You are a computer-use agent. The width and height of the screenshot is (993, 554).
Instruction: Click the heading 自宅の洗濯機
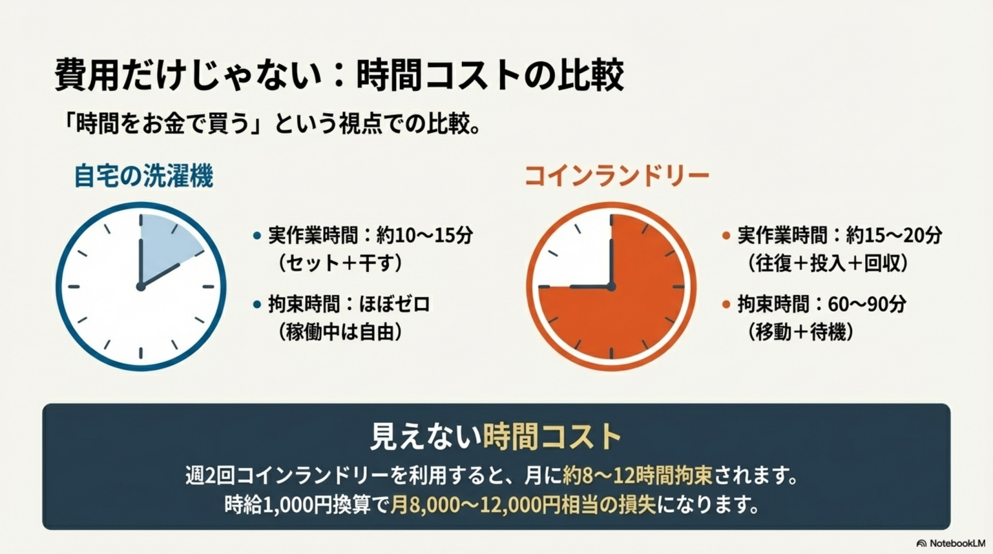tap(143, 176)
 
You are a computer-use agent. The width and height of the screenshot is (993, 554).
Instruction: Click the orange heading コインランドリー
tap(616, 176)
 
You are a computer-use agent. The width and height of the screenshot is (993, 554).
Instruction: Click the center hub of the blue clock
tap(141, 286)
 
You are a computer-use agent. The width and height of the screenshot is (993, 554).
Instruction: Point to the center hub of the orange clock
tap(611, 286)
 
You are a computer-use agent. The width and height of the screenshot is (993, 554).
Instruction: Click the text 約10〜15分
tap(425, 236)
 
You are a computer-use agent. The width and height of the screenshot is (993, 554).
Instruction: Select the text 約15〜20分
tap(894, 236)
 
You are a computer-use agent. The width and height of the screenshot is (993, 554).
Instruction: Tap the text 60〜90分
tap(867, 304)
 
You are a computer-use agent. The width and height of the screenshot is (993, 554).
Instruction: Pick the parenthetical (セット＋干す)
tap(340, 264)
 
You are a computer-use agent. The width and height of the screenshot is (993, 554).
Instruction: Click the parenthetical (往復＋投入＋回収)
tap(827, 264)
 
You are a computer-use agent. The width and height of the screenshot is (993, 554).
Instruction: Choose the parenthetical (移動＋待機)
tap(800, 332)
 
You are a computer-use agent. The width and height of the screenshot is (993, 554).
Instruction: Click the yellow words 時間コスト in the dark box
tap(552, 437)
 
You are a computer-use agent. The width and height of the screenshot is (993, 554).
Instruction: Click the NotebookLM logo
tap(951, 543)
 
